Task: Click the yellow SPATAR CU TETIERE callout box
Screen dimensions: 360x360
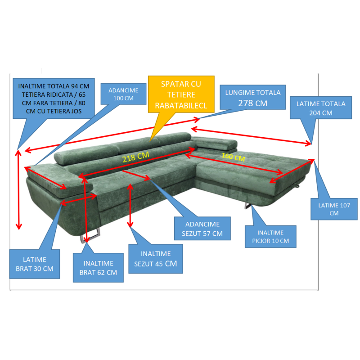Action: pos(181,94)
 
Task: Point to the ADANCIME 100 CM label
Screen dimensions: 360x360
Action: pos(123,94)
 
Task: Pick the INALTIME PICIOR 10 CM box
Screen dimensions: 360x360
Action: pos(270,237)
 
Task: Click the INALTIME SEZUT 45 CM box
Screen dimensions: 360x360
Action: pos(156,259)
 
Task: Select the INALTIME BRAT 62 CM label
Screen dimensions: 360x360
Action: pos(98,268)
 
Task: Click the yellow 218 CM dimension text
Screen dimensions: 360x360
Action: pos(135,157)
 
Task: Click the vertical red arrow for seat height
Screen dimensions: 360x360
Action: pos(130,205)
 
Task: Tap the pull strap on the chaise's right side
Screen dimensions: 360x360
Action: pos(298,185)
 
